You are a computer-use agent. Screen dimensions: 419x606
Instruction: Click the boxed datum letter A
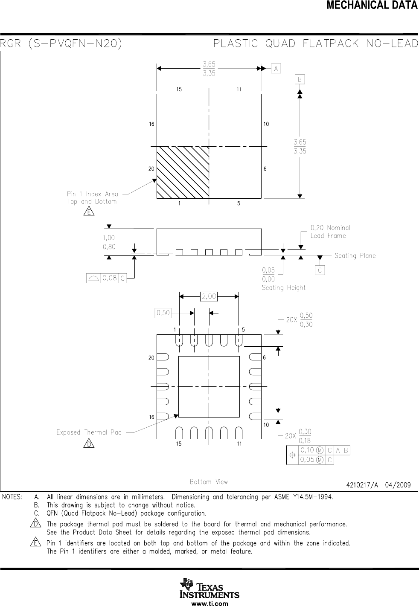(276, 68)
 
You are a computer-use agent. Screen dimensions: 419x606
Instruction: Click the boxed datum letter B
(300, 80)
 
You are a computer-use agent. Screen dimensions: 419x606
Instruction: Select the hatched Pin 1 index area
(183, 172)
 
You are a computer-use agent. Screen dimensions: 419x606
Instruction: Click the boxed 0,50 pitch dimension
(163, 313)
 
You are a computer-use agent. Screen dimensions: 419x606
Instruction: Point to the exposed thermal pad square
(209, 386)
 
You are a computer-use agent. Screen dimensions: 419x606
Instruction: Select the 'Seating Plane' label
(355, 256)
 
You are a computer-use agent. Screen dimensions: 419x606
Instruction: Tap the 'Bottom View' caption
(209, 482)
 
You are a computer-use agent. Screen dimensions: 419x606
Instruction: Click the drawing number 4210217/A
(364, 484)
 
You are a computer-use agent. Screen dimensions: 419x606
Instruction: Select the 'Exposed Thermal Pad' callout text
(89, 432)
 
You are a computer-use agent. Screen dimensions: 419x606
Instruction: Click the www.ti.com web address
(209, 603)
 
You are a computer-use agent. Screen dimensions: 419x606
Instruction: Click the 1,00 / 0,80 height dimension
(109, 242)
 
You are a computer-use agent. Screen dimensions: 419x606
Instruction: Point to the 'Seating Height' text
(284, 288)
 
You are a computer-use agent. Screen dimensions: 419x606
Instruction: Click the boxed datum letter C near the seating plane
(320, 270)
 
